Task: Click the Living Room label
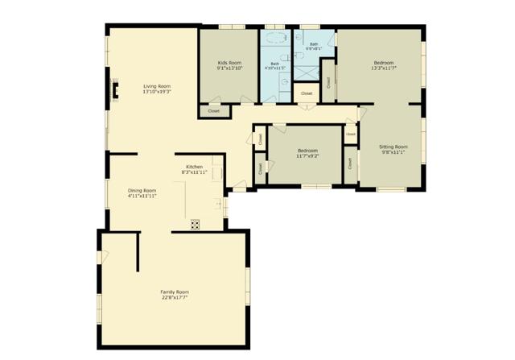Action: [157, 86]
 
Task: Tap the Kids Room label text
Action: [229, 62]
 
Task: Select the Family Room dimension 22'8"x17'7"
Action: [175, 298]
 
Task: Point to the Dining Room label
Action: [142, 190]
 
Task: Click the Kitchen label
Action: [194, 167]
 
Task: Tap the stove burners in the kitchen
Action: [195, 225]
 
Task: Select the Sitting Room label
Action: [393, 147]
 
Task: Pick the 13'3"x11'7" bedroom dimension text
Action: [382, 68]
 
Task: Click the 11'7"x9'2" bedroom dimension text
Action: [308, 156]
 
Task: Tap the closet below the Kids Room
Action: [214, 110]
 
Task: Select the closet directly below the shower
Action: [307, 93]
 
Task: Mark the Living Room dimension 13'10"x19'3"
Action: [157, 92]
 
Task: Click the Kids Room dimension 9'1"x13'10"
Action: [229, 68]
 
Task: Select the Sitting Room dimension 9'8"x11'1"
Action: [393, 152]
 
